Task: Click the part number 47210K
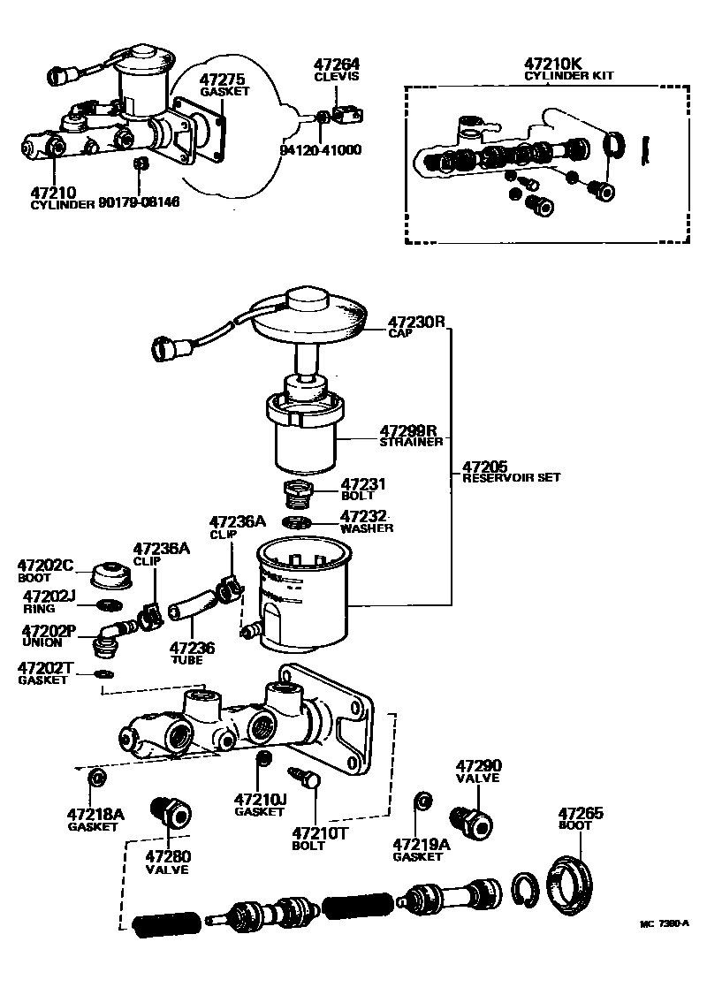pyautogui.click(x=554, y=64)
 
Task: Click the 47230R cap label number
pyautogui.click(x=416, y=322)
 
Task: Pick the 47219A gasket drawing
pyautogui.click(x=422, y=801)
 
